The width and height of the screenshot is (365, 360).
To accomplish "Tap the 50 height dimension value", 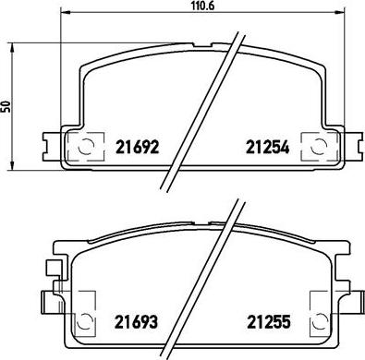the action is pos(6,106).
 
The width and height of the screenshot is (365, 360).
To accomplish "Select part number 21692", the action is pos(137,147).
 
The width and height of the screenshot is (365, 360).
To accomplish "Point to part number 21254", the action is pos(267,147).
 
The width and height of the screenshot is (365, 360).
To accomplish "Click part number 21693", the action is pos(136,321).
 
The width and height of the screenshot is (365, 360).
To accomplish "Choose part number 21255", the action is pos(269,321).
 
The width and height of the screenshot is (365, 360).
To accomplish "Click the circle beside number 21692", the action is pos(86,146).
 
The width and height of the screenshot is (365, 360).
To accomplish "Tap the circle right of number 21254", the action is pos(318,146).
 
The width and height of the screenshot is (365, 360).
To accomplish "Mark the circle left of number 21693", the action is pos(82,321).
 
